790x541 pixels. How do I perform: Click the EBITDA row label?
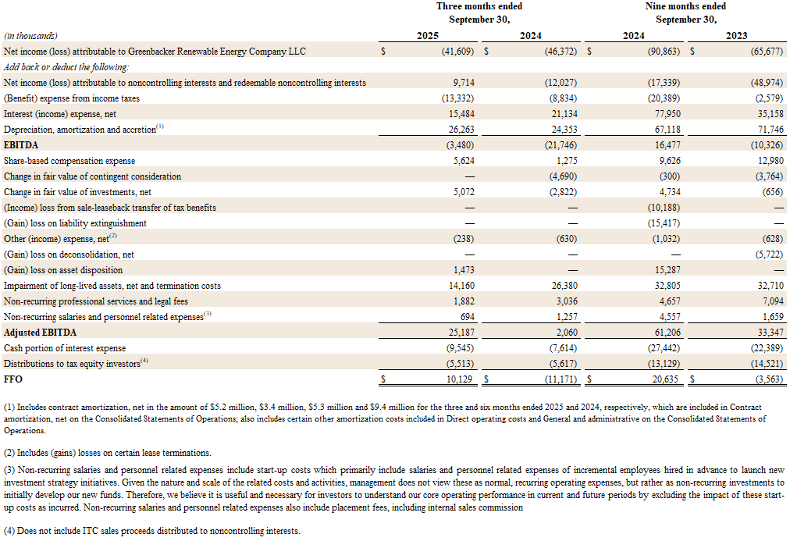[x=21, y=145]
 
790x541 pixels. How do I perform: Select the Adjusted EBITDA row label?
[x=34, y=333]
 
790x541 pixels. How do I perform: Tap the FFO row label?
[x=13, y=379]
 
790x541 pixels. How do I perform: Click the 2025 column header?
[x=427, y=36]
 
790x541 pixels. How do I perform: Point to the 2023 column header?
[x=736, y=36]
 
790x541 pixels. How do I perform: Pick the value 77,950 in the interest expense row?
[x=665, y=114]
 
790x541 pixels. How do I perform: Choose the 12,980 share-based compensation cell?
[x=767, y=161]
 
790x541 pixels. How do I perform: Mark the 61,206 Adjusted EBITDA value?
[x=665, y=333]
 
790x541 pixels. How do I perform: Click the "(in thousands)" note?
[x=30, y=36]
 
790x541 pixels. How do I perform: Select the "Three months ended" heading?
[x=479, y=6]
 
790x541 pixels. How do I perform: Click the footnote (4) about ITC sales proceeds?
[x=152, y=531]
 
